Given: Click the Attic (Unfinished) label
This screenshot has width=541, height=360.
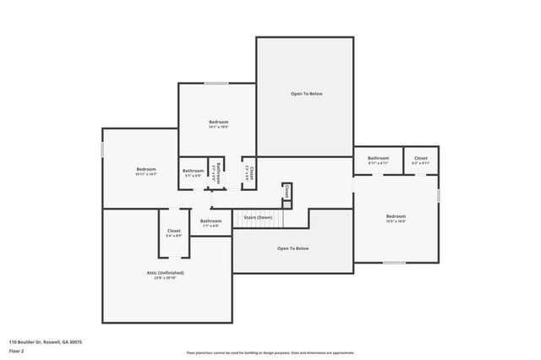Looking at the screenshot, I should coord(165,273).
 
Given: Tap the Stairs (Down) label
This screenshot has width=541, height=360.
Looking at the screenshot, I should coord(258,218).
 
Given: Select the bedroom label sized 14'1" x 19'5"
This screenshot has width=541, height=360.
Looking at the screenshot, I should coord(218,123).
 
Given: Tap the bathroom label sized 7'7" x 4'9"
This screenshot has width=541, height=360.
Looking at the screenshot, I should coord(210,221).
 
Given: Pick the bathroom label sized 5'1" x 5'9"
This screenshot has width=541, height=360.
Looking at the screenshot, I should coord(193,172).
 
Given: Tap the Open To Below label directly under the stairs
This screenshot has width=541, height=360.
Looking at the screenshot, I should coord(293,248).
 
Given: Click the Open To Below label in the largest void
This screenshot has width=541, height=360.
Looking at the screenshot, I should coord(306,94).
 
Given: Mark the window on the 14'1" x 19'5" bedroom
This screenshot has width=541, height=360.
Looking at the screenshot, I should coord(216,83).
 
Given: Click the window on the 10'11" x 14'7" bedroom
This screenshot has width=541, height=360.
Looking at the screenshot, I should coord(102,148).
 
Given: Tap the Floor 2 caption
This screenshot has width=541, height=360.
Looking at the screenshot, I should coord(18,350).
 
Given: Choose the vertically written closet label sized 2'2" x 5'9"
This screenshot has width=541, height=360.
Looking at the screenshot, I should coord(251,172).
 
